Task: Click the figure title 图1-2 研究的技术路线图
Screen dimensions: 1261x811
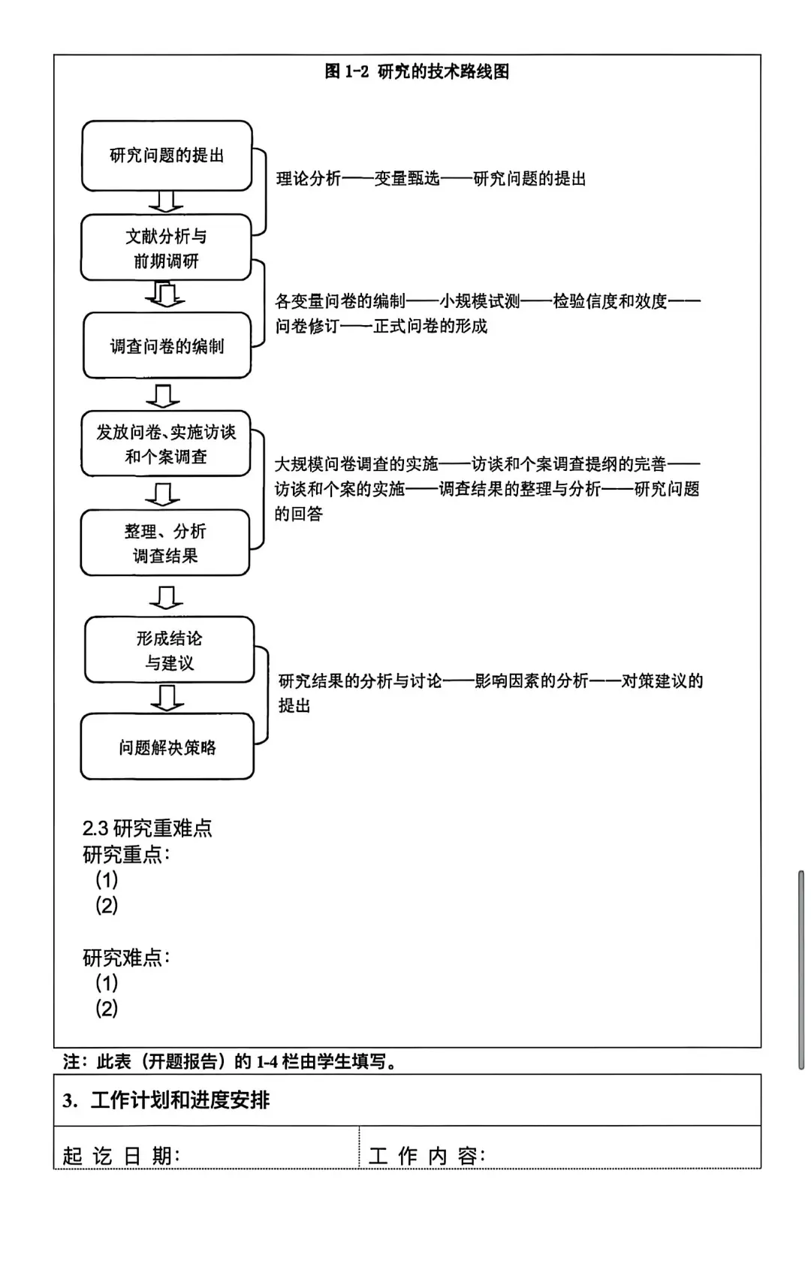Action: coord(417,71)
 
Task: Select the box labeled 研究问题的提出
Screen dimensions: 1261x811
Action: coord(167,155)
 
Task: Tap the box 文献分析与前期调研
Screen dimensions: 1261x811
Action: coord(166,248)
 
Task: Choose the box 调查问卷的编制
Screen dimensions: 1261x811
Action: coord(167,345)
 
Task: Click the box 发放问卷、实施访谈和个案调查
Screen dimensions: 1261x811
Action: coord(166,444)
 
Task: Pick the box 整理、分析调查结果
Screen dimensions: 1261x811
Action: coord(165,543)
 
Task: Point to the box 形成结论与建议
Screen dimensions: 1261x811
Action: coord(170,650)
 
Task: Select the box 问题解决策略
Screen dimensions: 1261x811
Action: coord(167,747)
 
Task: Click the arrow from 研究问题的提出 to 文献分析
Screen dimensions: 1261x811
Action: coord(166,201)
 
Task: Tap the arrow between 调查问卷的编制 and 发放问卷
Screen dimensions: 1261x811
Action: coord(163,395)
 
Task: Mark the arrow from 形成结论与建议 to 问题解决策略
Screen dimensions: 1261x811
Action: coord(167,698)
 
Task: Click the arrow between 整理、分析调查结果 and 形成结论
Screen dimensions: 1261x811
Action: coord(166,597)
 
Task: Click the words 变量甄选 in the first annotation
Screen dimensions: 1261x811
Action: coord(406,179)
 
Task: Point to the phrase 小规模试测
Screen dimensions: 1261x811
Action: coord(480,301)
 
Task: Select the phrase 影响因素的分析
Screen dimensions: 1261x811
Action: coord(531,681)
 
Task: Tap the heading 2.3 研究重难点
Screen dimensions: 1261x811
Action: coord(147,828)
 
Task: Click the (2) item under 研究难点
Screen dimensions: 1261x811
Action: coord(107,1008)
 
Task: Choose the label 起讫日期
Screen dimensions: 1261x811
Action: coord(121,1155)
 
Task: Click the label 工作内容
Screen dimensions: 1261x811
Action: coord(427,1155)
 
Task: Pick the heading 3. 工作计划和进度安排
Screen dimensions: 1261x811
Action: coord(166,1100)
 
